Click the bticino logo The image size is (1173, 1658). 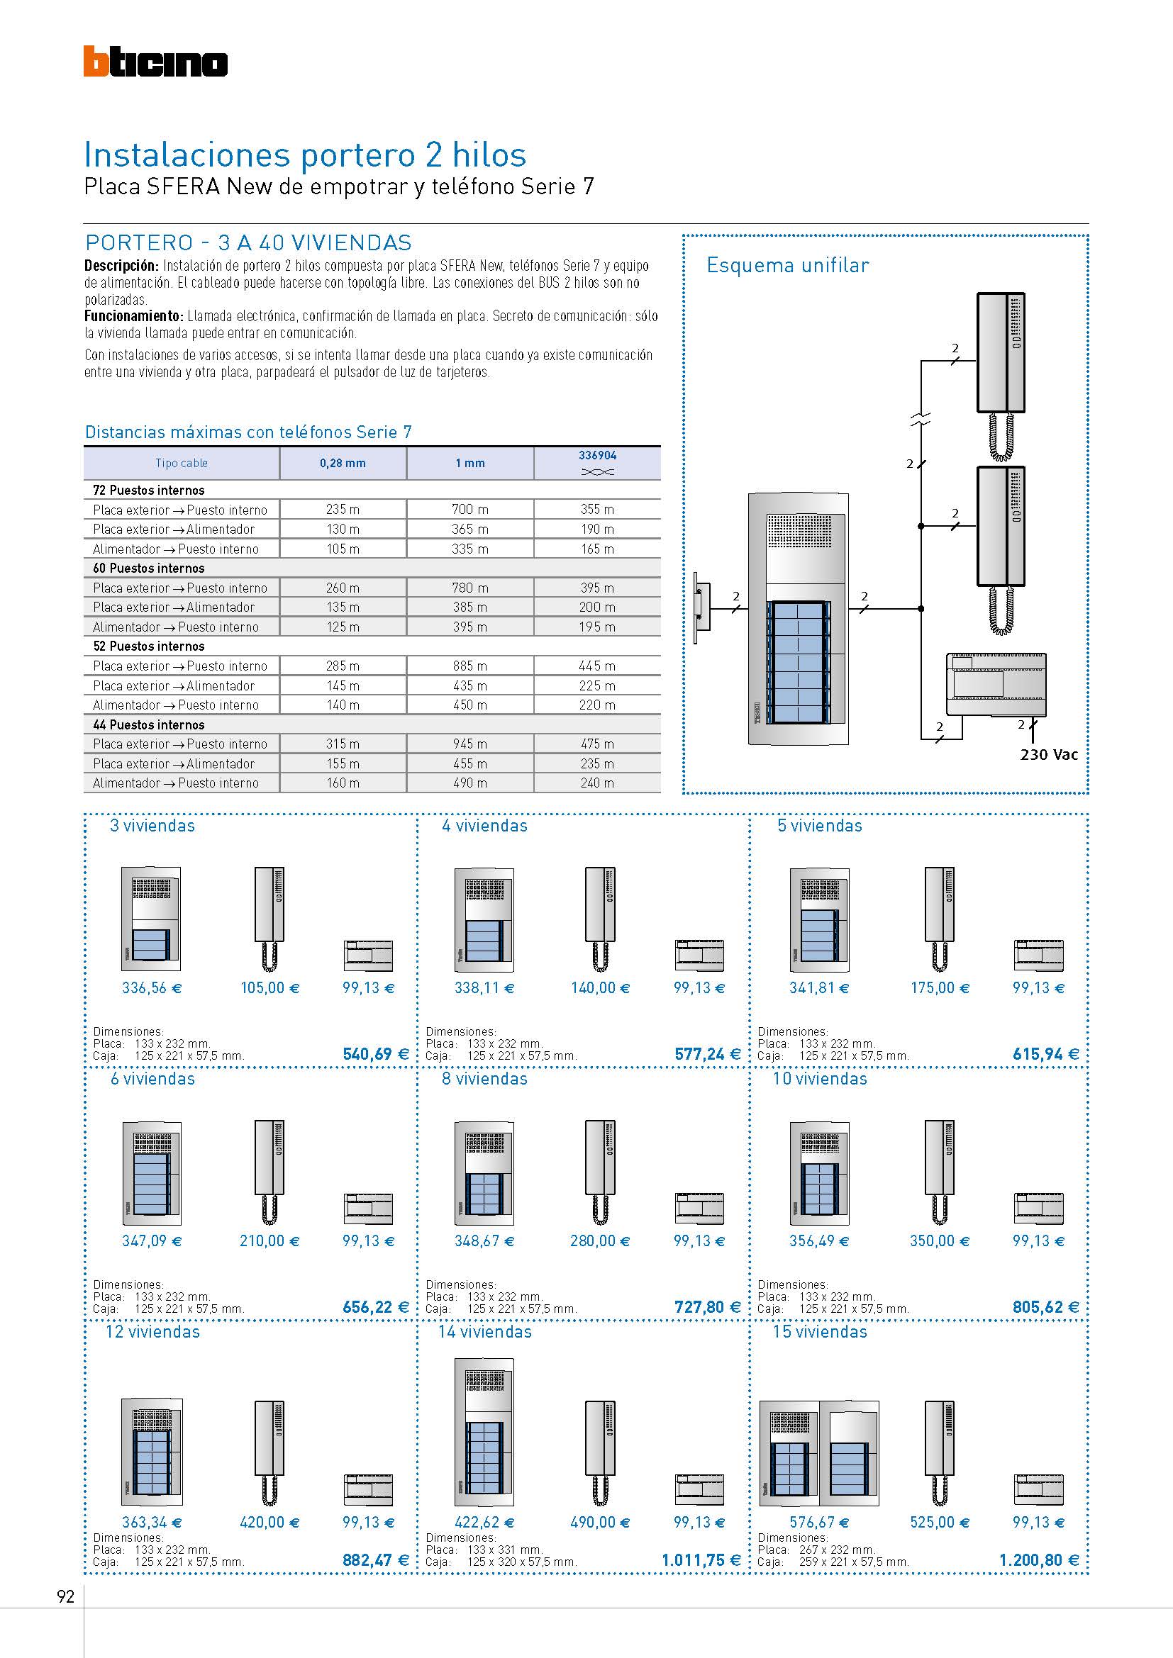point(155,62)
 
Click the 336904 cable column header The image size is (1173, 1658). point(597,462)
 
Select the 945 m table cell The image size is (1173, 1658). point(469,744)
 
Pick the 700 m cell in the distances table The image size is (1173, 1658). point(469,510)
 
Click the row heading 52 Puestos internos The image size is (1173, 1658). point(149,646)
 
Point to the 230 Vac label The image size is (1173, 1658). point(1049,755)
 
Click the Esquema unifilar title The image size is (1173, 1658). point(787,265)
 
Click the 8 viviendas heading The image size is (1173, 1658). point(484,1079)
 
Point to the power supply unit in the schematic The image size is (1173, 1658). point(996,684)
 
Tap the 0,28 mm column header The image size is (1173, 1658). point(343,464)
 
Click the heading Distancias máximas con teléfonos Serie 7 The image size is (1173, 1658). point(248,432)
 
